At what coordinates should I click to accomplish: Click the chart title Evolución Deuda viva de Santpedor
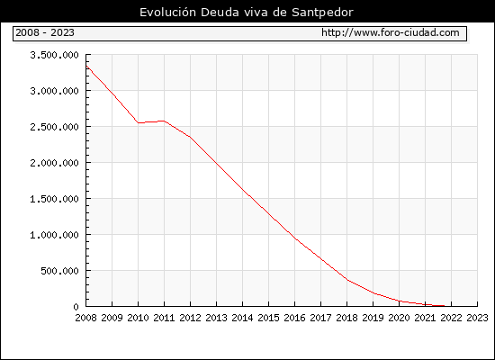pyautogui.click(x=247, y=13)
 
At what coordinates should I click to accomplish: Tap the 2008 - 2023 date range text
pyautogui.click(x=45, y=32)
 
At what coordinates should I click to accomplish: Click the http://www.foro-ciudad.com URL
pyautogui.click(x=391, y=32)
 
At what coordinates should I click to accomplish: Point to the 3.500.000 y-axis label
pyautogui.click(x=54, y=55)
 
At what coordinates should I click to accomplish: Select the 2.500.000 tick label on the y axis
pyautogui.click(x=54, y=127)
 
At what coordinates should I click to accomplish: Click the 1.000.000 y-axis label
pyautogui.click(x=54, y=235)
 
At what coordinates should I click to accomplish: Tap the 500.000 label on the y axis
pyautogui.click(x=59, y=271)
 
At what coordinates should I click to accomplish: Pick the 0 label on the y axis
pyautogui.click(x=76, y=307)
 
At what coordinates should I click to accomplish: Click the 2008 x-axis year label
pyautogui.click(x=85, y=318)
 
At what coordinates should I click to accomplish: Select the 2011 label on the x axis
pyautogui.click(x=164, y=318)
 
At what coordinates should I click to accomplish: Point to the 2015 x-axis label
pyautogui.click(x=269, y=318)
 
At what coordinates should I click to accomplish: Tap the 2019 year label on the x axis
pyautogui.click(x=373, y=318)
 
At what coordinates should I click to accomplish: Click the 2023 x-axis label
pyautogui.click(x=477, y=318)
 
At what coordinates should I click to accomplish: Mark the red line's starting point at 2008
pyautogui.click(x=86, y=66)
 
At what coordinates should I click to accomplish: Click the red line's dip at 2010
pyautogui.click(x=139, y=122)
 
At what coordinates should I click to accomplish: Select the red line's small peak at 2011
pyautogui.click(x=164, y=121)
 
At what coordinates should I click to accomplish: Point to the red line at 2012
pyautogui.click(x=191, y=137)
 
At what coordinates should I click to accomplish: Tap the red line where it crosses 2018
pyautogui.click(x=346, y=280)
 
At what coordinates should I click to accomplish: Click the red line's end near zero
pyautogui.click(x=445, y=306)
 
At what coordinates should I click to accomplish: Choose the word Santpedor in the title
pyautogui.click(x=322, y=13)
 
